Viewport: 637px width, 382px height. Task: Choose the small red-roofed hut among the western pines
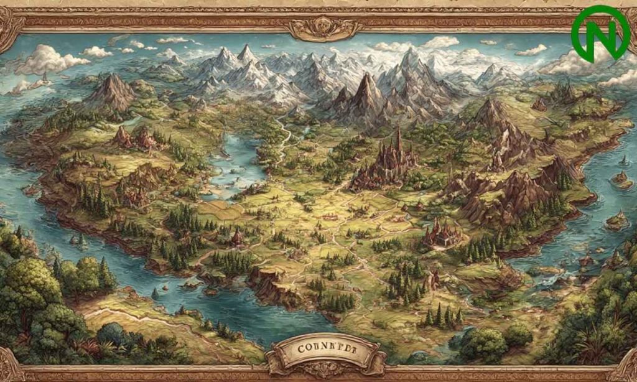click(237, 237)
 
